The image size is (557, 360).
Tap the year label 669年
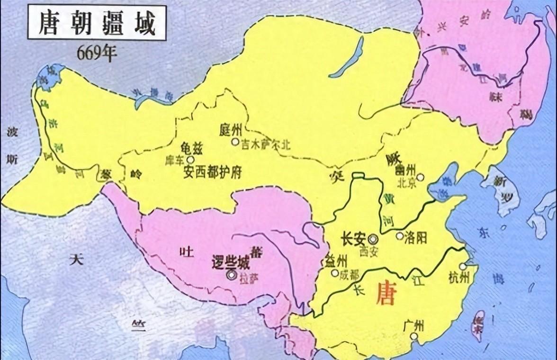(x=97, y=54)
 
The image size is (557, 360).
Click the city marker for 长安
(x=374, y=239)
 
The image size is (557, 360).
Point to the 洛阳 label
(x=415, y=237)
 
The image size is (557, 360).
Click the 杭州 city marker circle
(x=462, y=267)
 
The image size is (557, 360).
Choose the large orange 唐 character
(x=385, y=294)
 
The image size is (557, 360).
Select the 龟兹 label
(x=192, y=148)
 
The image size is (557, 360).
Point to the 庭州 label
(x=231, y=129)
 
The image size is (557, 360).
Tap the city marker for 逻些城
(x=231, y=274)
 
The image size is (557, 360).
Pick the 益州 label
(x=336, y=261)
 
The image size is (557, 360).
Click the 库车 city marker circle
(x=190, y=160)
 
